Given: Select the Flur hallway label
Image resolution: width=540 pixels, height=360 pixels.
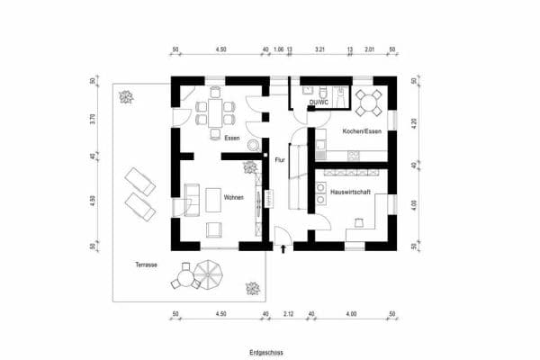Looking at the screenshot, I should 279,159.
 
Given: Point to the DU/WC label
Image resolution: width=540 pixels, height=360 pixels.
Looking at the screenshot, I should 319,103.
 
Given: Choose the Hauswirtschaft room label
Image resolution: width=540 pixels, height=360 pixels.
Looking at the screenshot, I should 352,193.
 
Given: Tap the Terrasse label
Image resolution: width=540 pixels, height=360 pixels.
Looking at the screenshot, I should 147,265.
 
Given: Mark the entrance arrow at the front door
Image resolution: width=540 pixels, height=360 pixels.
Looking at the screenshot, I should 284,247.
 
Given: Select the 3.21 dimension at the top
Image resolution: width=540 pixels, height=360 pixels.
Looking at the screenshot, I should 319,50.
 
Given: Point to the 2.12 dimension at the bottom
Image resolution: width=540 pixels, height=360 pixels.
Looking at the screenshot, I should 288,314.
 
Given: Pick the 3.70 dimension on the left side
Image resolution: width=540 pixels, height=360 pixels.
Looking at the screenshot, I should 93,118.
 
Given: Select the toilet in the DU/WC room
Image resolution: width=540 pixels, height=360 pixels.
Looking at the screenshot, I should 321,93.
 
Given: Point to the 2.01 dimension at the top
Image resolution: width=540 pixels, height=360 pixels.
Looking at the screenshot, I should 368,50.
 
